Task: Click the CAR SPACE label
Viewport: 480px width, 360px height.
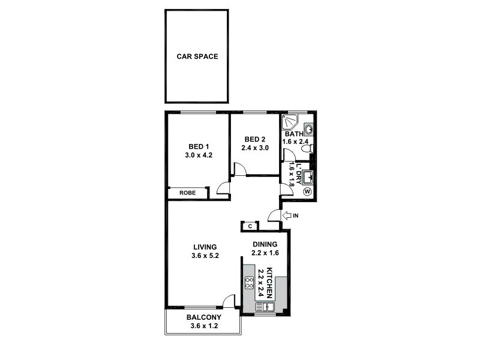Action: coord(197,57)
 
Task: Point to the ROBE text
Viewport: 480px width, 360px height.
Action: coord(187,193)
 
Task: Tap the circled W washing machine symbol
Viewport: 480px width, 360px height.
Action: coord(308,192)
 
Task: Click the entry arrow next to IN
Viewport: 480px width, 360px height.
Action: coord(286,215)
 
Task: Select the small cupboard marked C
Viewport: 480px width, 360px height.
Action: coord(250,226)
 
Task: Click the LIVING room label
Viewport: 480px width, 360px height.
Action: coord(205,247)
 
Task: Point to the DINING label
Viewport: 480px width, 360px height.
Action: coord(265,244)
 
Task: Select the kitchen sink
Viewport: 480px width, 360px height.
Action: coord(264,307)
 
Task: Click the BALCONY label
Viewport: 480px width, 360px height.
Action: coord(204,317)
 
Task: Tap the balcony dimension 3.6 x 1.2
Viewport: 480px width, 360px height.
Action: coord(204,326)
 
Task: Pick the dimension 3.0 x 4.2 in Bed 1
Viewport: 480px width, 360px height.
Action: coord(199,155)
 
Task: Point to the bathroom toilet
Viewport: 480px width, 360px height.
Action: coord(307,148)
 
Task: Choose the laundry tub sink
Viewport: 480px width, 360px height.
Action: coord(307,177)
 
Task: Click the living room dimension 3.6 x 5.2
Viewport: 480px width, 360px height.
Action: coord(205,256)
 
